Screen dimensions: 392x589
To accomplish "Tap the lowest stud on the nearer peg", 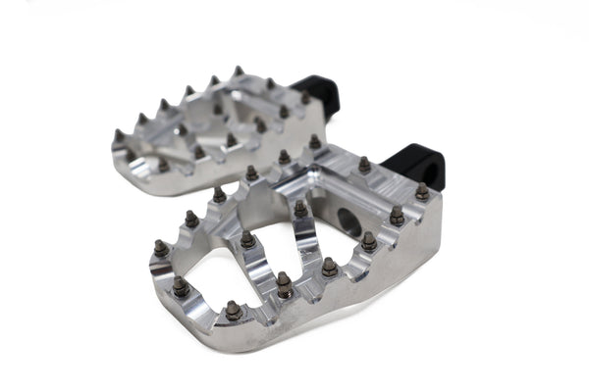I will [233, 311].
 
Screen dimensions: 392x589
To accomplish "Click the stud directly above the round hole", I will [364, 166].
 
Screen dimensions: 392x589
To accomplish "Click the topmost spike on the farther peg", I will [238, 72].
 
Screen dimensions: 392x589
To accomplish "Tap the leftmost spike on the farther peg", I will [119, 135].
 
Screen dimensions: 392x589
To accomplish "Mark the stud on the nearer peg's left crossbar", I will [248, 239].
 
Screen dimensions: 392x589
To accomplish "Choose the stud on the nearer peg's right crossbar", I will [300, 208].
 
